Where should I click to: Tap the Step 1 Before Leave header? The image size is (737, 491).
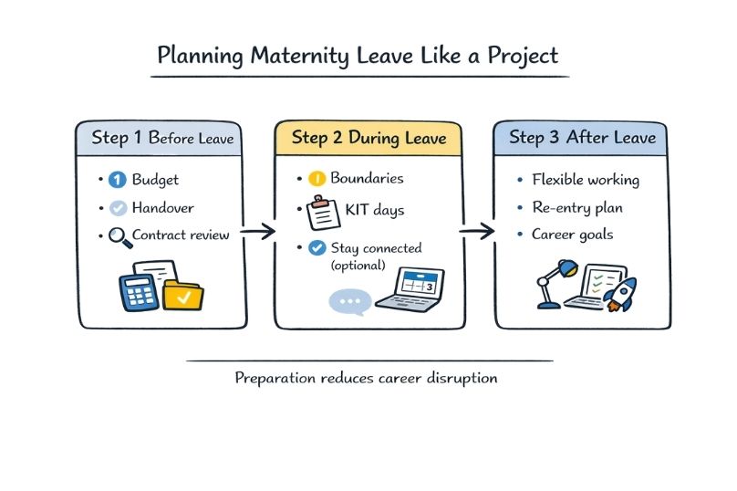click(x=162, y=140)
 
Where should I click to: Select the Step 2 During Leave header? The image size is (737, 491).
click(x=368, y=138)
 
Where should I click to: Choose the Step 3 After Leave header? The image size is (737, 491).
click(x=582, y=138)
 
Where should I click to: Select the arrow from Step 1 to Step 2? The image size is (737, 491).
click(x=260, y=234)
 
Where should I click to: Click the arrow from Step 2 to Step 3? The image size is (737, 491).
click(x=476, y=234)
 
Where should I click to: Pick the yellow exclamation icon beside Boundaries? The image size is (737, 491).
click(x=317, y=180)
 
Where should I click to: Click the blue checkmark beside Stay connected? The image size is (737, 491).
click(x=317, y=247)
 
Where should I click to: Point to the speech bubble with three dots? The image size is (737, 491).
click(x=350, y=300)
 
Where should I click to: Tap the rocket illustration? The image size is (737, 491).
click(x=620, y=294)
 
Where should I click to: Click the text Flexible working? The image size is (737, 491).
click(x=586, y=180)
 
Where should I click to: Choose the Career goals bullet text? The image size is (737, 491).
click(x=572, y=235)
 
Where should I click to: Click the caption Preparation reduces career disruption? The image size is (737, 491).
click(x=366, y=377)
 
